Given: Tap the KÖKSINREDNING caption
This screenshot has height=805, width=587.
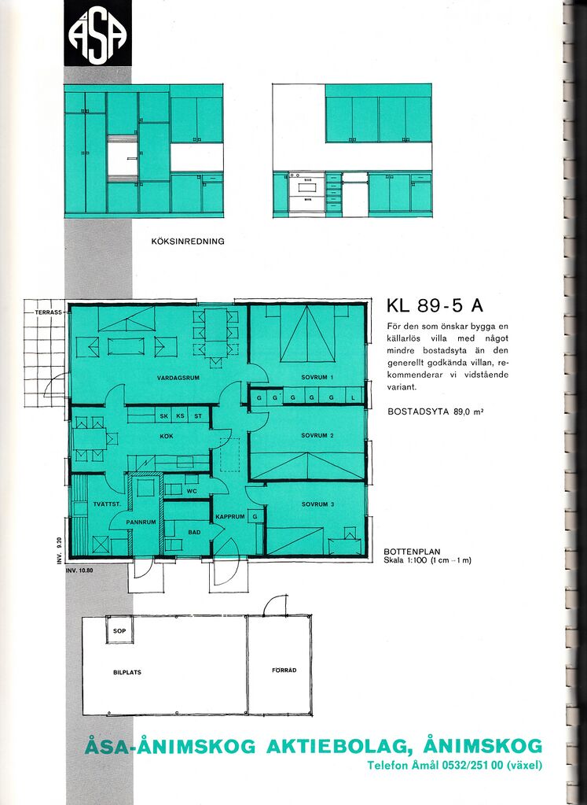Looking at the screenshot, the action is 188,241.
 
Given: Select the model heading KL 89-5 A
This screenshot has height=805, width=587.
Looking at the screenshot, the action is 435,306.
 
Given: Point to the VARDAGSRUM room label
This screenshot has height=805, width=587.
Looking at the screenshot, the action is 178,378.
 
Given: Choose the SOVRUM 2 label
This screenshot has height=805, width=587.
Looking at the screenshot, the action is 317,435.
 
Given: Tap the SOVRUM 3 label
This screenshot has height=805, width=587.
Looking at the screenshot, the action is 317,504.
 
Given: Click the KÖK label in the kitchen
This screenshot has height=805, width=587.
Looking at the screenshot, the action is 167,437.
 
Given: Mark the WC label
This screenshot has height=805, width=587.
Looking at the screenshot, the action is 192,491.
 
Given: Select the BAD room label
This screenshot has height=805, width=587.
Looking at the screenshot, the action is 194,533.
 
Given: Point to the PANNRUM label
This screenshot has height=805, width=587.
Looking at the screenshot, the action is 141,523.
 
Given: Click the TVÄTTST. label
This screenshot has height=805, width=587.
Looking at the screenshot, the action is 107,504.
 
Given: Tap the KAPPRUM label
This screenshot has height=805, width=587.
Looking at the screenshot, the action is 229,516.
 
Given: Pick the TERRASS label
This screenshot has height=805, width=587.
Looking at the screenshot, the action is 48,312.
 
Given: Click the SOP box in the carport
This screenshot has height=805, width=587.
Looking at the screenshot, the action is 119,630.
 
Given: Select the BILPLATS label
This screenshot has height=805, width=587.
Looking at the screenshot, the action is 127,672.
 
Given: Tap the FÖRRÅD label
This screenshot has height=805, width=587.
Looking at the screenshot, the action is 284,670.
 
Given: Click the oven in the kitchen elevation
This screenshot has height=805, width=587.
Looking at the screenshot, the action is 306,191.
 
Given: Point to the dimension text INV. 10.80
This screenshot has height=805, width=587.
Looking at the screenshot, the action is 79,570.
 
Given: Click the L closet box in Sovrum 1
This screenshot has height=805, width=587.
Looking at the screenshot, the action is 353,397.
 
